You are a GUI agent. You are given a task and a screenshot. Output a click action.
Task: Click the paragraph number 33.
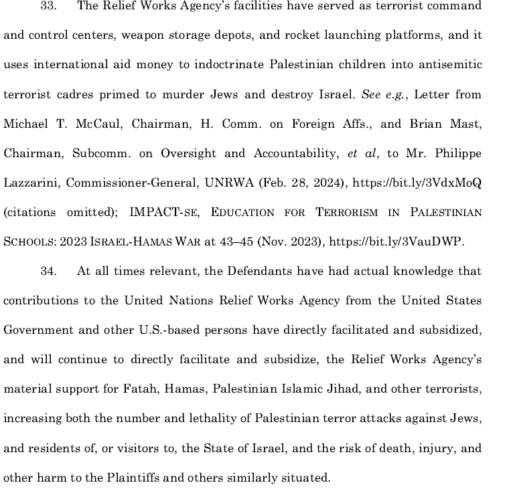click(50, 6)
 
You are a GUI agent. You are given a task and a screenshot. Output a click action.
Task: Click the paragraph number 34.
click(50, 271)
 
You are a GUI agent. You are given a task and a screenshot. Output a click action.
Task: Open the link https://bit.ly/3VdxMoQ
click(417, 183)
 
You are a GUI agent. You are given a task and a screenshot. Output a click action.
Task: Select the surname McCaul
click(98, 124)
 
